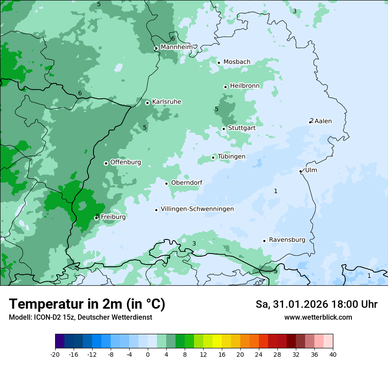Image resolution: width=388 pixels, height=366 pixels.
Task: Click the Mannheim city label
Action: (176, 47)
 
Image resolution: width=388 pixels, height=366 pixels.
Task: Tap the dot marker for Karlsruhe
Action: (148, 103)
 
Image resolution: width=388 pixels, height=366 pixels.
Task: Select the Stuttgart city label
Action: (242, 128)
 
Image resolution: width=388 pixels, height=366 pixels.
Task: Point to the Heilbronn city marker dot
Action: (225, 87)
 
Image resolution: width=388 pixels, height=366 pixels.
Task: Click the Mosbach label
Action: (237, 62)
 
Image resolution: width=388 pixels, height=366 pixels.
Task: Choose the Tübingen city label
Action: (231, 157)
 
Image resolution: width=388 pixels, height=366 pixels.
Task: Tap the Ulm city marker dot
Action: (301, 171)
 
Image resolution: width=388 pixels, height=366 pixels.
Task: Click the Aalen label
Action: (323, 121)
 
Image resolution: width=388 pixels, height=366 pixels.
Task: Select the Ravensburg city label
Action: (287, 240)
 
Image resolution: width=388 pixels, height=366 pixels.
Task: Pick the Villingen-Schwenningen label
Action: (197, 209)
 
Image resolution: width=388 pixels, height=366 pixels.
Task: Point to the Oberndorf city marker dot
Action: (167, 183)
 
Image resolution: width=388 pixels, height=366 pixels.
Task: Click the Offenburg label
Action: (126, 162)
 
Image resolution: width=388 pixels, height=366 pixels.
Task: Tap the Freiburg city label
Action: (113, 217)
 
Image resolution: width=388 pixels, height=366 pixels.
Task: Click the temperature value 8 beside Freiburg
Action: (97, 216)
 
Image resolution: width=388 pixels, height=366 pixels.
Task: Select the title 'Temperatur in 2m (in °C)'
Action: (87, 304)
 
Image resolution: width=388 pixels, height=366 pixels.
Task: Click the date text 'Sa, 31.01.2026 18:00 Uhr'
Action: (316, 304)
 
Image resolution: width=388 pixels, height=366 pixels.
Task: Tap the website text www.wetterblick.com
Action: (318, 317)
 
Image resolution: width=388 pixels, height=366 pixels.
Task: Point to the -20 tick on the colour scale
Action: (55, 354)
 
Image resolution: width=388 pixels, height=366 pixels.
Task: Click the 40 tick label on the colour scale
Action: (333, 354)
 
